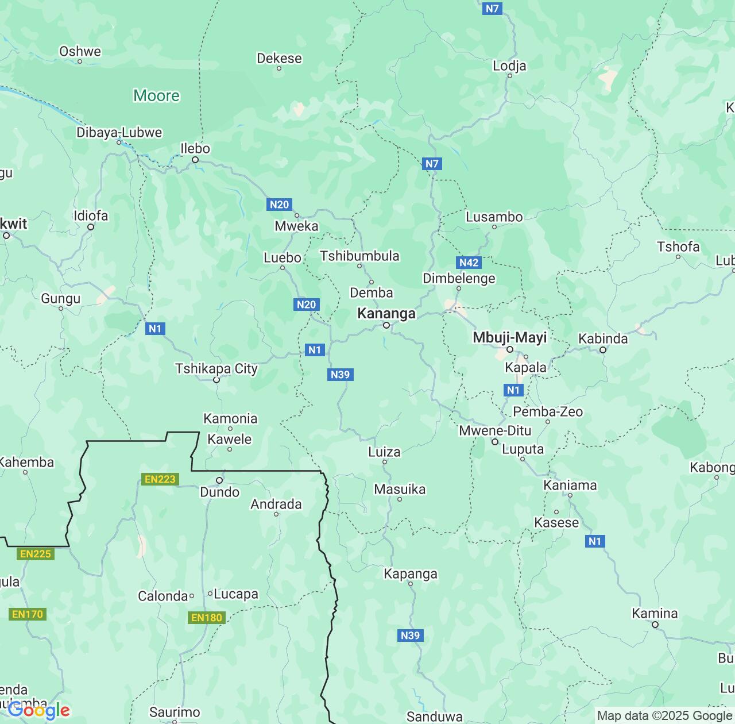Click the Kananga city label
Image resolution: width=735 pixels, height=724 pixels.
click(x=386, y=313)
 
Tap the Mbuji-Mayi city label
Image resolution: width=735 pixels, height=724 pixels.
click(x=509, y=337)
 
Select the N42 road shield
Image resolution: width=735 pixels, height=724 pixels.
click(x=469, y=263)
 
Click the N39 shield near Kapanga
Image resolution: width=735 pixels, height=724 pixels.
click(x=410, y=635)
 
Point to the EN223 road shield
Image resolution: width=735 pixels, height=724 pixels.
click(x=160, y=479)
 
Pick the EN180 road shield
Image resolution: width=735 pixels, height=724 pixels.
click(x=206, y=618)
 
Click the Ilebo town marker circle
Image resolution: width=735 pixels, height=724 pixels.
click(x=195, y=160)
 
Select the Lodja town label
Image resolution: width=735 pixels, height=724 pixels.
click(x=509, y=66)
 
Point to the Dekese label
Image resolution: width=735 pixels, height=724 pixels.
click(x=279, y=58)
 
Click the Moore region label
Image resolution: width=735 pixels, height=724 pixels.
click(x=156, y=95)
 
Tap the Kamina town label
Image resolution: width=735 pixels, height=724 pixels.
click(x=655, y=613)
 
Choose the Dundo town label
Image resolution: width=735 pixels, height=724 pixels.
click(x=219, y=492)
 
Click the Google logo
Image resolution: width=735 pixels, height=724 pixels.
click(x=39, y=711)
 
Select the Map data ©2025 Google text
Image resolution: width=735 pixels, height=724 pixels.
click(x=664, y=716)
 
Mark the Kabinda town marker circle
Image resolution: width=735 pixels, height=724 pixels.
click(x=603, y=349)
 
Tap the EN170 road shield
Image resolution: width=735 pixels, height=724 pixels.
click(x=28, y=614)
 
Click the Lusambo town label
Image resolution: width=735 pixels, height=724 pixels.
click(x=494, y=217)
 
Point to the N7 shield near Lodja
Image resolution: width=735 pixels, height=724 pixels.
click(x=492, y=8)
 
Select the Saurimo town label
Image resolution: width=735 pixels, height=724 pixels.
click(x=175, y=712)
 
